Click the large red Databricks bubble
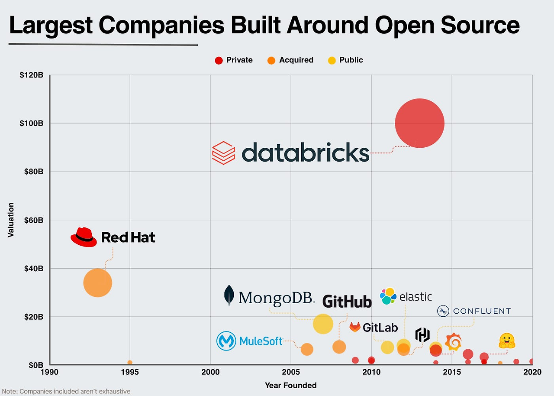pyautogui.click(x=419, y=123)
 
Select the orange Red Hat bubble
pyautogui.click(x=97, y=283)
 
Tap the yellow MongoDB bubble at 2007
pyautogui.click(x=323, y=324)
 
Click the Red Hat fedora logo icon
pyautogui.click(x=84, y=237)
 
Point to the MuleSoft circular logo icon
pyautogui.click(x=226, y=341)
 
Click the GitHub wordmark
pyautogui.click(x=347, y=301)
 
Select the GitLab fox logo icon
pyautogui.click(x=355, y=327)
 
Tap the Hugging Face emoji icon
pyautogui.click(x=506, y=341)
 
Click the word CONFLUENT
pyautogui.click(x=482, y=311)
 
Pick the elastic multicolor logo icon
pyautogui.click(x=388, y=296)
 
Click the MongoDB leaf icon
pyautogui.click(x=229, y=295)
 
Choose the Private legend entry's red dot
pyautogui.click(x=219, y=60)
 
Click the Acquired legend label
pyautogui.click(x=296, y=60)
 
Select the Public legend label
pyautogui.click(x=351, y=60)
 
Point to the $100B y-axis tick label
pyautogui.click(x=32, y=123)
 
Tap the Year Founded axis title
pyautogui.click(x=291, y=385)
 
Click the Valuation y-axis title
pyautogui.click(x=11, y=220)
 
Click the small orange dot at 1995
pyautogui.click(x=130, y=363)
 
